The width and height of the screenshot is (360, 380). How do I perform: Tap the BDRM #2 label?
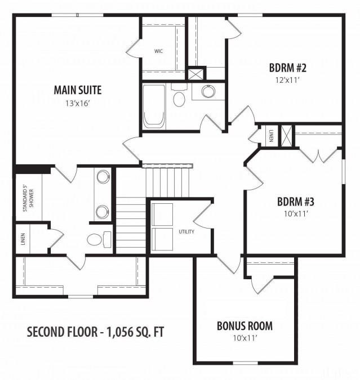287,68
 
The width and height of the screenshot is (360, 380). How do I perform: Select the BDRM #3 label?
295,201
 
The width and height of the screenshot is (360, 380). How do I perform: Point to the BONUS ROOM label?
245,325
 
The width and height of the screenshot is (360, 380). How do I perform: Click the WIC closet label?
158,51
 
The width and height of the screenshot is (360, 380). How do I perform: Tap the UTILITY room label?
186,231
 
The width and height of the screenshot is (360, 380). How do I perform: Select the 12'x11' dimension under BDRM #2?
287,80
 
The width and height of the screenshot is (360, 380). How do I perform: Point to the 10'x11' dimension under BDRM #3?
295,213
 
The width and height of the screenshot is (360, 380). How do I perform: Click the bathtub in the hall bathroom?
153,107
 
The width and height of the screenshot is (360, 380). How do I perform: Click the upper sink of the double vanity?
103,178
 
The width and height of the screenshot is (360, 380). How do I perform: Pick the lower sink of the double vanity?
103,212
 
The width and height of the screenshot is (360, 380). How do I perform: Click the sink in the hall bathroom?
208,92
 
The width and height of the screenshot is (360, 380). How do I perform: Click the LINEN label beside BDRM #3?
271,136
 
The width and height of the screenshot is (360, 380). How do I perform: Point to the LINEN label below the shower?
24,240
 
